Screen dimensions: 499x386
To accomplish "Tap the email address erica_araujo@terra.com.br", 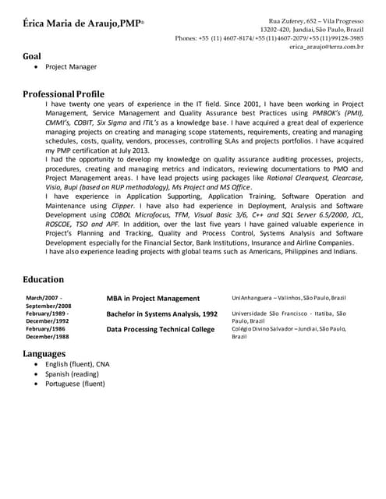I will point(326,47).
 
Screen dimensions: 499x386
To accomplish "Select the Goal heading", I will point(32,56).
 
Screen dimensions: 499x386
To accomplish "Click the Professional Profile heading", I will point(63,94).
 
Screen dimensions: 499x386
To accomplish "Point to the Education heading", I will point(44,279).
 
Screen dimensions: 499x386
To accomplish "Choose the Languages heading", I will point(44,353).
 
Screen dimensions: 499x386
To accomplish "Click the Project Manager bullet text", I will point(71,68).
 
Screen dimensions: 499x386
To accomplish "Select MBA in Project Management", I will point(153,298).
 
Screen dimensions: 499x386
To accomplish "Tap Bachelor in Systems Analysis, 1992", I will point(161,314).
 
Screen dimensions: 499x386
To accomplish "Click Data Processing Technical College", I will point(160,330).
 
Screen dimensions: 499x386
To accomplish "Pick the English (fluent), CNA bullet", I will point(77,364).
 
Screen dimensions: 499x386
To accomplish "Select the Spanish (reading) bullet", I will point(72,373).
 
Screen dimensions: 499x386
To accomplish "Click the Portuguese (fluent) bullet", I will point(75,384).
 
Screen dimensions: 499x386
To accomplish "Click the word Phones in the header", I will point(185,38).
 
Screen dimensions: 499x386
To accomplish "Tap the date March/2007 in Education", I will point(44,298).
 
